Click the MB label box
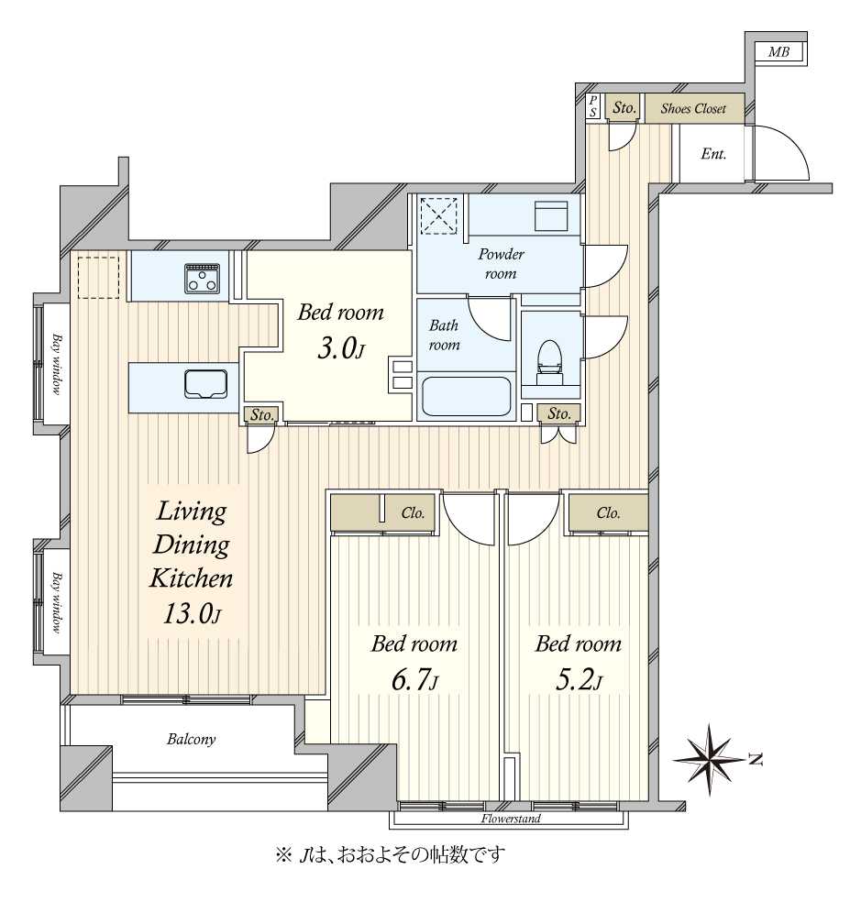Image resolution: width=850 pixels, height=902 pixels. tap(779, 51)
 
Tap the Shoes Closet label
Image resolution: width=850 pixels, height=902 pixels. tap(693, 108)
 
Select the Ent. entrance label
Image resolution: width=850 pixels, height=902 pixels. tap(713, 154)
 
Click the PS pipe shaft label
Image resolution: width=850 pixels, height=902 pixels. tap(593, 106)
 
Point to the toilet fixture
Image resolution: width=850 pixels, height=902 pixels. tap(550, 362)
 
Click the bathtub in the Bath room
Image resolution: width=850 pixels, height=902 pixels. tap(467, 396)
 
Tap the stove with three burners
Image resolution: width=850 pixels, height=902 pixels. tap(202, 278)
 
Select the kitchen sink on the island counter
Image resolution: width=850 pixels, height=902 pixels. tap(205, 384)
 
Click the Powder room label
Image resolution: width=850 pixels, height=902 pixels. tap(502, 263)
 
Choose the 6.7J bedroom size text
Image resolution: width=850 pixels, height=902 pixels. tap(414, 680)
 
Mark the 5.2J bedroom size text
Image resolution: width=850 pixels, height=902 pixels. tap(579, 680)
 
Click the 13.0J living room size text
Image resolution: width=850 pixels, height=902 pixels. tap(192, 614)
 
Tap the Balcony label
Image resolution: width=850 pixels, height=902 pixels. tap(191, 739)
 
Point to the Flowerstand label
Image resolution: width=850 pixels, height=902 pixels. tap(511, 819)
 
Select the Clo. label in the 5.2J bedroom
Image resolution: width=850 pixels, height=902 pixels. tap(608, 512)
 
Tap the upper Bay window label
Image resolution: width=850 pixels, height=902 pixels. tap(57, 364)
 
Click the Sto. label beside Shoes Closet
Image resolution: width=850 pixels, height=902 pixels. tap(624, 107)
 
